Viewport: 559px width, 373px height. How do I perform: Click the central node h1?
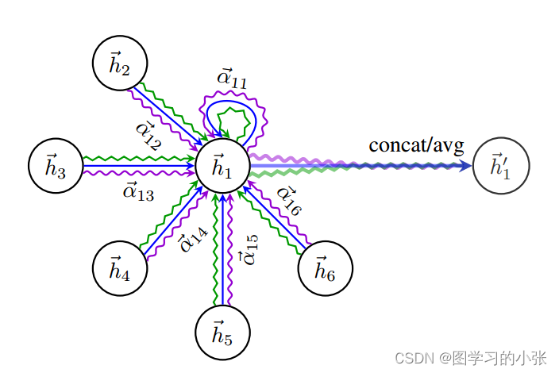pyautogui.click(x=223, y=166)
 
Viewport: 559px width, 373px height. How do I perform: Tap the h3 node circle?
pyautogui.click(x=55, y=166)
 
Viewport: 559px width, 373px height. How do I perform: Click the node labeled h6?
pyautogui.click(x=325, y=270)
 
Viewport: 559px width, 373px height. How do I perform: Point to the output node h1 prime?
pyautogui.click(x=499, y=166)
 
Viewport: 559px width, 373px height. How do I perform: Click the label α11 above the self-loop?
pyautogui.click(x=232, y=78)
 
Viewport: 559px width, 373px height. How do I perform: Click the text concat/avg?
pyautogui.click(x=416, y=144)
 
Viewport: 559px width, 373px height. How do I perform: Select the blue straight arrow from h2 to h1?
pyautogui.click(x=167, y=111)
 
